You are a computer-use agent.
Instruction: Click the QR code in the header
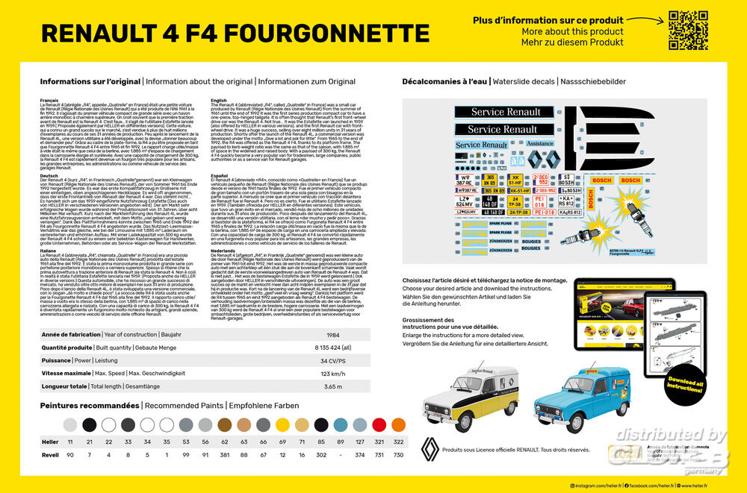coord(688,30)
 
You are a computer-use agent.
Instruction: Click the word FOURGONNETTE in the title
coord(329,34)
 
